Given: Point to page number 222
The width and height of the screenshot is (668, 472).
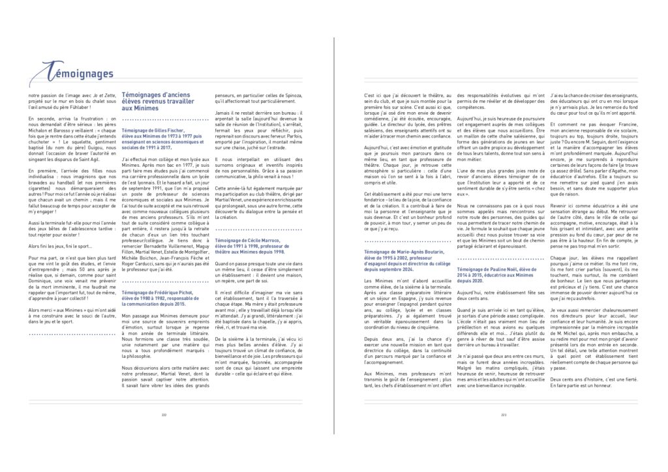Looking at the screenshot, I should pos(164,414).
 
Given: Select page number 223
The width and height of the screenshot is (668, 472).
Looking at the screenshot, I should pos(503,414).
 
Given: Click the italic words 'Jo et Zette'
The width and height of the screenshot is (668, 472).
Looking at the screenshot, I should pos(98,96).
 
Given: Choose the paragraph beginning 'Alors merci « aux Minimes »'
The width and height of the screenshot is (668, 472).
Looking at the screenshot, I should pos(72,315).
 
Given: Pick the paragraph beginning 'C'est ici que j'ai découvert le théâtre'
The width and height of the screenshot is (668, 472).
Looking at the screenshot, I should pos(404,114).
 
